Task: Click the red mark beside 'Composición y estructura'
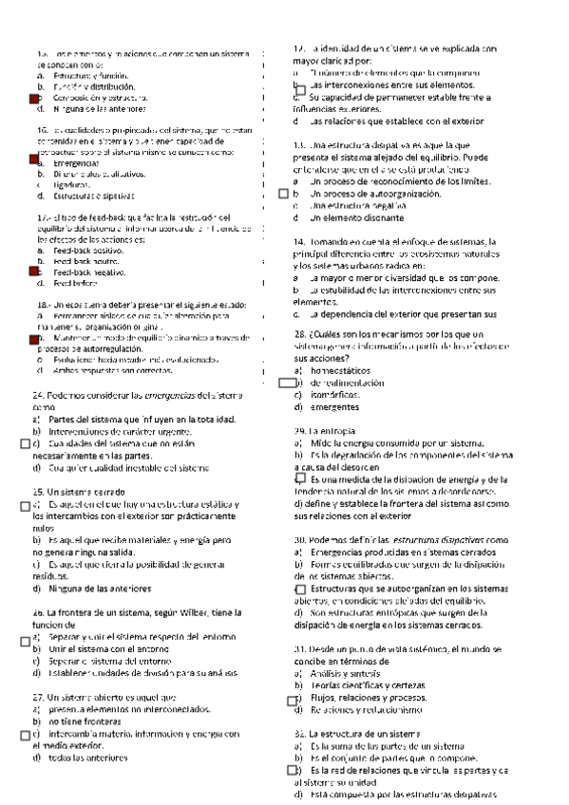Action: pos(35,99)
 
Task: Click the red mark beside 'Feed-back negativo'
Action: pos(35,271)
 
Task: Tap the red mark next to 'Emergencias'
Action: pos(35,162)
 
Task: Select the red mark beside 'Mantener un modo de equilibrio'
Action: pos(35,337)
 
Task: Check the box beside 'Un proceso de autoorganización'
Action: pos(283,194)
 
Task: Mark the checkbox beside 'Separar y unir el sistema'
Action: pos(25,639)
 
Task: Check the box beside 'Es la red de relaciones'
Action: pos(294,745)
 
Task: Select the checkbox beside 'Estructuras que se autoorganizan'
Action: pos(301,590)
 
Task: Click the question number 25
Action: pos(39,491)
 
